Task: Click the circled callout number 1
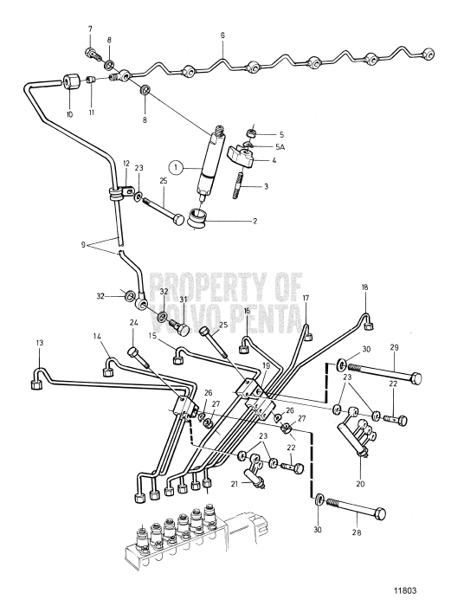[x=177, y=168]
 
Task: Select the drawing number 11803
[x=405, y=591]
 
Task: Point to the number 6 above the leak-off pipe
[x=222, y=35]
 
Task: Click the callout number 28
[x=357, y=532]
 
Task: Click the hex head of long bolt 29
[x=416, y=377]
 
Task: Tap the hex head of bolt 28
[x=380, y=513]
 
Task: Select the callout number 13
[x=40, y=343]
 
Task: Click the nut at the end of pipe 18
[x=369, y=327]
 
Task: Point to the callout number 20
[x=361, y=483]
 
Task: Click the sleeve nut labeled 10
[x=70, y=82]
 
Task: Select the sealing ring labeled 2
[x=197, y=217]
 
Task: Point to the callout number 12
[x=126, y=163]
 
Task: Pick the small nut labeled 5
[x=252, y=133]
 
